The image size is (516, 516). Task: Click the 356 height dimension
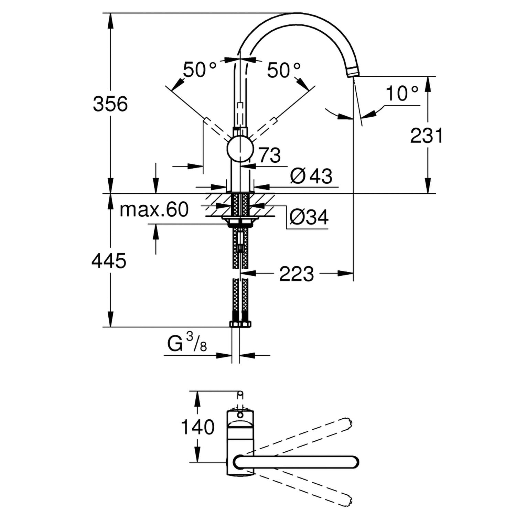coord(110,104)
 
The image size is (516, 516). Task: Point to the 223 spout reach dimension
coord(297,274)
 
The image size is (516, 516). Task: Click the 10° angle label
coord(402,93)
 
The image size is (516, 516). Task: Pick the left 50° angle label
coord(200,70)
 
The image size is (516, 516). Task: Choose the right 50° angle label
coord(284,70)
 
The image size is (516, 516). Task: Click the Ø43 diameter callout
coord(311,176)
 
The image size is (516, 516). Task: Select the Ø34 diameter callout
coord(309,217)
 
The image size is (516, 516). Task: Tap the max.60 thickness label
coord(154,209)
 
